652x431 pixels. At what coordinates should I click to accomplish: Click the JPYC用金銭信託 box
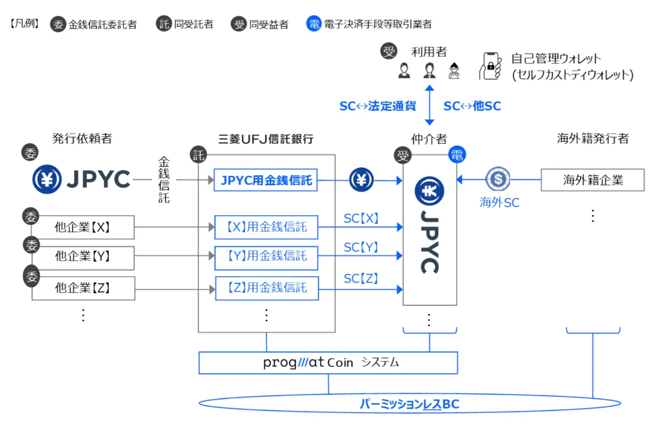266,180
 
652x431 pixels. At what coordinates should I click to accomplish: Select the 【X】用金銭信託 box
266,226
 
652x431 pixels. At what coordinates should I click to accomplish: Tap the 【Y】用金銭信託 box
266,256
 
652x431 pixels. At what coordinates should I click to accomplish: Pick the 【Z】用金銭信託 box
266,288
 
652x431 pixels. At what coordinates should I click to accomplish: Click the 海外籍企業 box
592,180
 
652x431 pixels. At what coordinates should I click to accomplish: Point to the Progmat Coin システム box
328,363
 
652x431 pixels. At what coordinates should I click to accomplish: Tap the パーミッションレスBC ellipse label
410,404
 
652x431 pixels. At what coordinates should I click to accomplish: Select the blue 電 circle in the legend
314,24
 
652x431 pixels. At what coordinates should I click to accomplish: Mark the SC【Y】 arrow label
361,248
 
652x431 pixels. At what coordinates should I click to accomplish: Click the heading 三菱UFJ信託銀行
266,139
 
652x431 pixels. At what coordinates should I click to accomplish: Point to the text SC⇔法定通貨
378,106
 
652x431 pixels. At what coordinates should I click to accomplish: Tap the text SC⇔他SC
472,106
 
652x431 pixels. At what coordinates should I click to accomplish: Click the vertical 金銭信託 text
164,180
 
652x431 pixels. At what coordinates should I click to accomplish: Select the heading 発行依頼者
82,139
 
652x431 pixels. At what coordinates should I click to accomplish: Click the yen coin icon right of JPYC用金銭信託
361,180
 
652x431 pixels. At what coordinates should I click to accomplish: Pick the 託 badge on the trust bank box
199,155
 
